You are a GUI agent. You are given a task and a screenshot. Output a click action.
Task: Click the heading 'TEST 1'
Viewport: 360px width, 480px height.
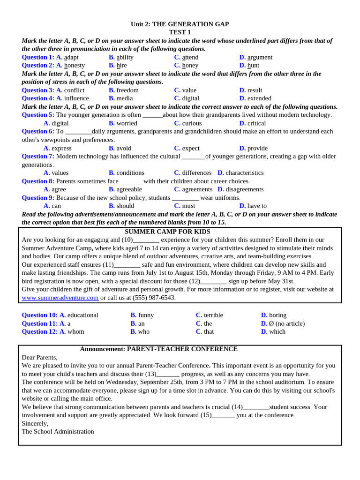(180, 32)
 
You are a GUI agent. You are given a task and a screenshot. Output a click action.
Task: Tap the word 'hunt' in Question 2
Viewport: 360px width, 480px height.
(253, 66)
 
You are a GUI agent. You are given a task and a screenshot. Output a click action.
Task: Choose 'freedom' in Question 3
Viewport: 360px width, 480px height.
(127, 90)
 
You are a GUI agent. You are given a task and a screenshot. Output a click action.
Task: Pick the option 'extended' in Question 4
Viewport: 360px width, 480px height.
(259, 98)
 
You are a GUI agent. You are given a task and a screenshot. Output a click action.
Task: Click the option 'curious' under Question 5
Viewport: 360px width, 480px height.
(192, 123)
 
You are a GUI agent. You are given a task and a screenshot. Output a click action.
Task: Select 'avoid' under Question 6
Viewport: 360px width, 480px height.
(124, 148)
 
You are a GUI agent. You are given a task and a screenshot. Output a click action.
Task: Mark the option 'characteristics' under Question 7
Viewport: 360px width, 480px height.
(244, 173)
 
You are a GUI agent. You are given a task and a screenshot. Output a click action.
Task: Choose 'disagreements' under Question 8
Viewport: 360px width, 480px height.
(244, 189)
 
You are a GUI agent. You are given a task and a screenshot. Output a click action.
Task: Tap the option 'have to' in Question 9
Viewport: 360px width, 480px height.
(257, 206)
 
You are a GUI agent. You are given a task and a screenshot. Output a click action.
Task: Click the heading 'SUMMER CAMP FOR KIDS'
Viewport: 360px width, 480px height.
(167, 232)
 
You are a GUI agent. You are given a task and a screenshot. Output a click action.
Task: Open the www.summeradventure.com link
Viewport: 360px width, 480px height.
(60, 298)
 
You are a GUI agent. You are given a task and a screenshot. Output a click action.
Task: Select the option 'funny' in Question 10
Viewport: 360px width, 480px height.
(146, 315)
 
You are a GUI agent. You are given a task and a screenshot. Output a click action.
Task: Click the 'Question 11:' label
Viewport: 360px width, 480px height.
(39, 323)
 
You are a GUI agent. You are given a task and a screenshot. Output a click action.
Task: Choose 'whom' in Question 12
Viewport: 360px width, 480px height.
(76, 331)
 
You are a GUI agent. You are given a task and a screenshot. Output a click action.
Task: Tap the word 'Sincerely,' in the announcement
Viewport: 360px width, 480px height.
(35, 423)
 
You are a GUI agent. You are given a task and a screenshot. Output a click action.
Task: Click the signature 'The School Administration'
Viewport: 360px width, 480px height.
(58, 431)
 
